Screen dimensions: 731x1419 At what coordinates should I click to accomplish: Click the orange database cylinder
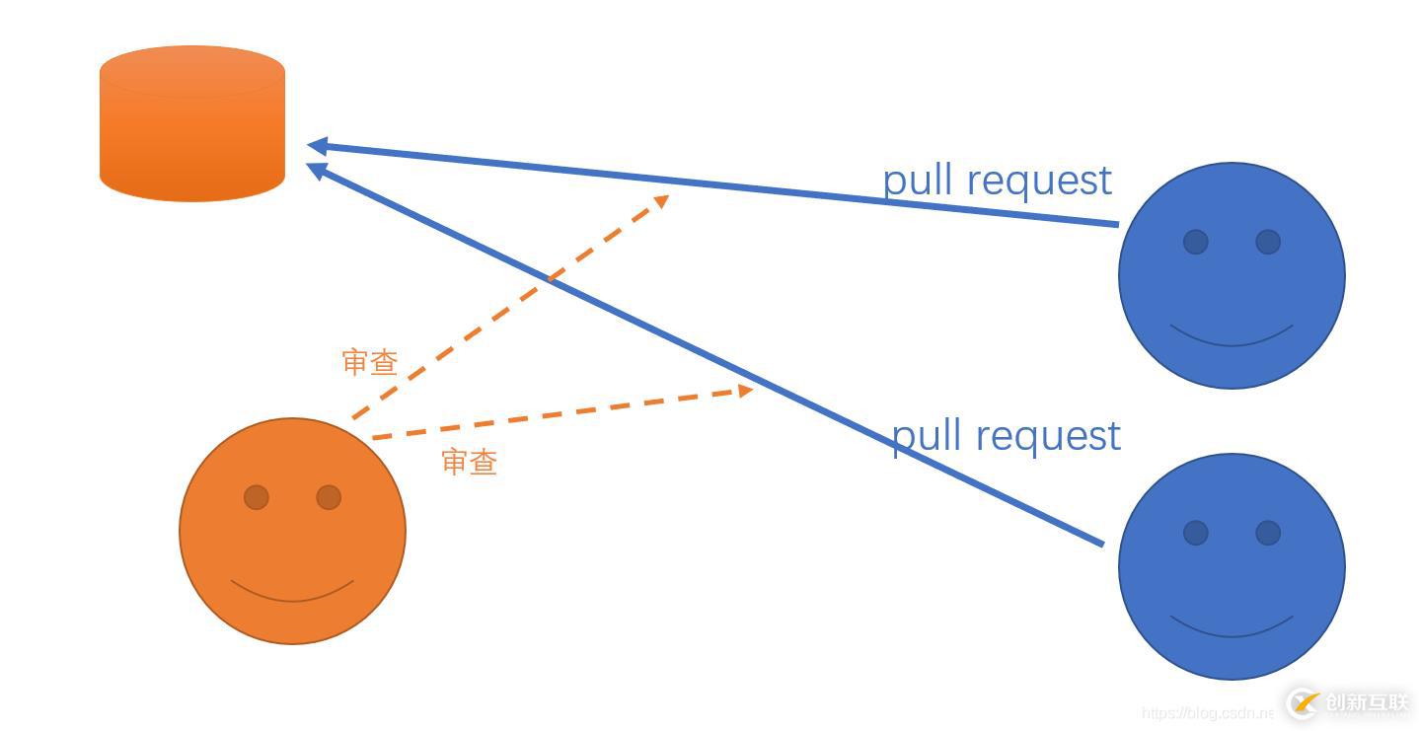click(192, 123)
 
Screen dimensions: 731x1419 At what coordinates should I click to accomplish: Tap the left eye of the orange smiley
click(257, 497)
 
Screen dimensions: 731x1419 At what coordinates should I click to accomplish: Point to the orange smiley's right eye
click(329, 497)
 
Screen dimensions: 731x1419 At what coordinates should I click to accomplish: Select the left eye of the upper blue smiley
click(1195, 242)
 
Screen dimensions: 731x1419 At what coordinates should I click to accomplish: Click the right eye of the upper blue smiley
click(1268, 242)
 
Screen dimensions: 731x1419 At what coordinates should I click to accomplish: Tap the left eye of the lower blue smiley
click(1195, 533)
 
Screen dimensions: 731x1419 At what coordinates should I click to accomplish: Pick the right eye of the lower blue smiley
click(1268, 533)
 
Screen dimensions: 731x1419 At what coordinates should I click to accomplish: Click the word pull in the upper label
click(918, 182)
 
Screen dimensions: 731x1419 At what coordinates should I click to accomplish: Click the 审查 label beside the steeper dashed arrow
click(370, 362)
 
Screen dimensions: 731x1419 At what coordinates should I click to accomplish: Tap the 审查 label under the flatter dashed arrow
click(470, 462)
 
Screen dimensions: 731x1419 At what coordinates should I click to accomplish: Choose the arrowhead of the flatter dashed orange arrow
click(745, 391)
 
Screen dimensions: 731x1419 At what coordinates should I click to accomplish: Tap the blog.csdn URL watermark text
click(1206, 712)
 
